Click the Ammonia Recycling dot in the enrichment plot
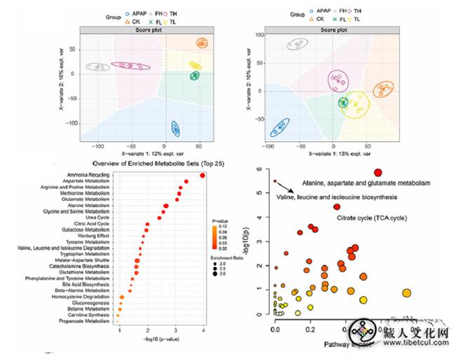pos(203,175)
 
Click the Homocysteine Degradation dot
pos(121,296)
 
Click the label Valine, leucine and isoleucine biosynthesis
pos(337,197)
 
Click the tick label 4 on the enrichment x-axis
pos(203,329)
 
